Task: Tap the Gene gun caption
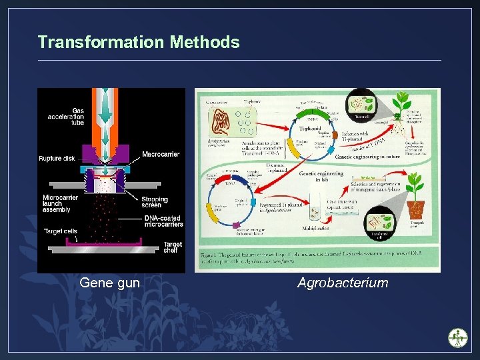pos(109,283)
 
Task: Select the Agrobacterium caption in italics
pos(343,283)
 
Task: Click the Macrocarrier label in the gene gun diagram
pos(160,155)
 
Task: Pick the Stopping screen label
pos(155,202)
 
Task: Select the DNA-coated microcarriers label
pos(163,221)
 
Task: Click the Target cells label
pos(60,231)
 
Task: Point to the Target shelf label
pos(172,247)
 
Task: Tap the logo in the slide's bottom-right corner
pos(458,337)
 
